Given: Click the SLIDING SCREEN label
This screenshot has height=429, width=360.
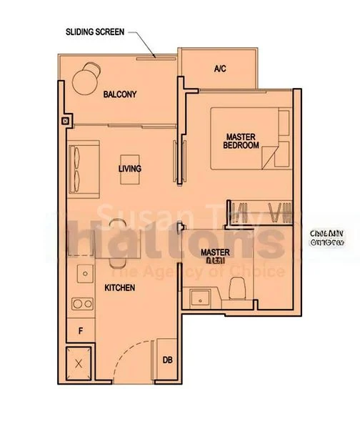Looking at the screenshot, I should (x=96, y=32).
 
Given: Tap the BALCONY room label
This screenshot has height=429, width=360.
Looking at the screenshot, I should (x=119, y=94).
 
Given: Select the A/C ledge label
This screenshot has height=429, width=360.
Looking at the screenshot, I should (x=220, y=69).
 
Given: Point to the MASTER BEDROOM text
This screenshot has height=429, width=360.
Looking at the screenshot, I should (x=241, y=140).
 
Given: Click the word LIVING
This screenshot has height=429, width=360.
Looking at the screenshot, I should (x=130, y=169).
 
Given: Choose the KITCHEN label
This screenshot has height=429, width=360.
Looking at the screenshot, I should (x=120, y=288).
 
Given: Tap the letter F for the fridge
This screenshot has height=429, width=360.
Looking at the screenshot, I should (x=80, y=330).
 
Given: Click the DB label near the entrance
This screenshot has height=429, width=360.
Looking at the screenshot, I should (x=167, y=360).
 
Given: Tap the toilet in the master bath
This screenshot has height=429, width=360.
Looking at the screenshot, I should (x=238, y=290).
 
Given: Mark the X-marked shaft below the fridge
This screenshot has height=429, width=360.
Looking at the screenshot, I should (x=79, y=363).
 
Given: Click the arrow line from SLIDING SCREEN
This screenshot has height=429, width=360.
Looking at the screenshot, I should (x=141, y=43).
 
